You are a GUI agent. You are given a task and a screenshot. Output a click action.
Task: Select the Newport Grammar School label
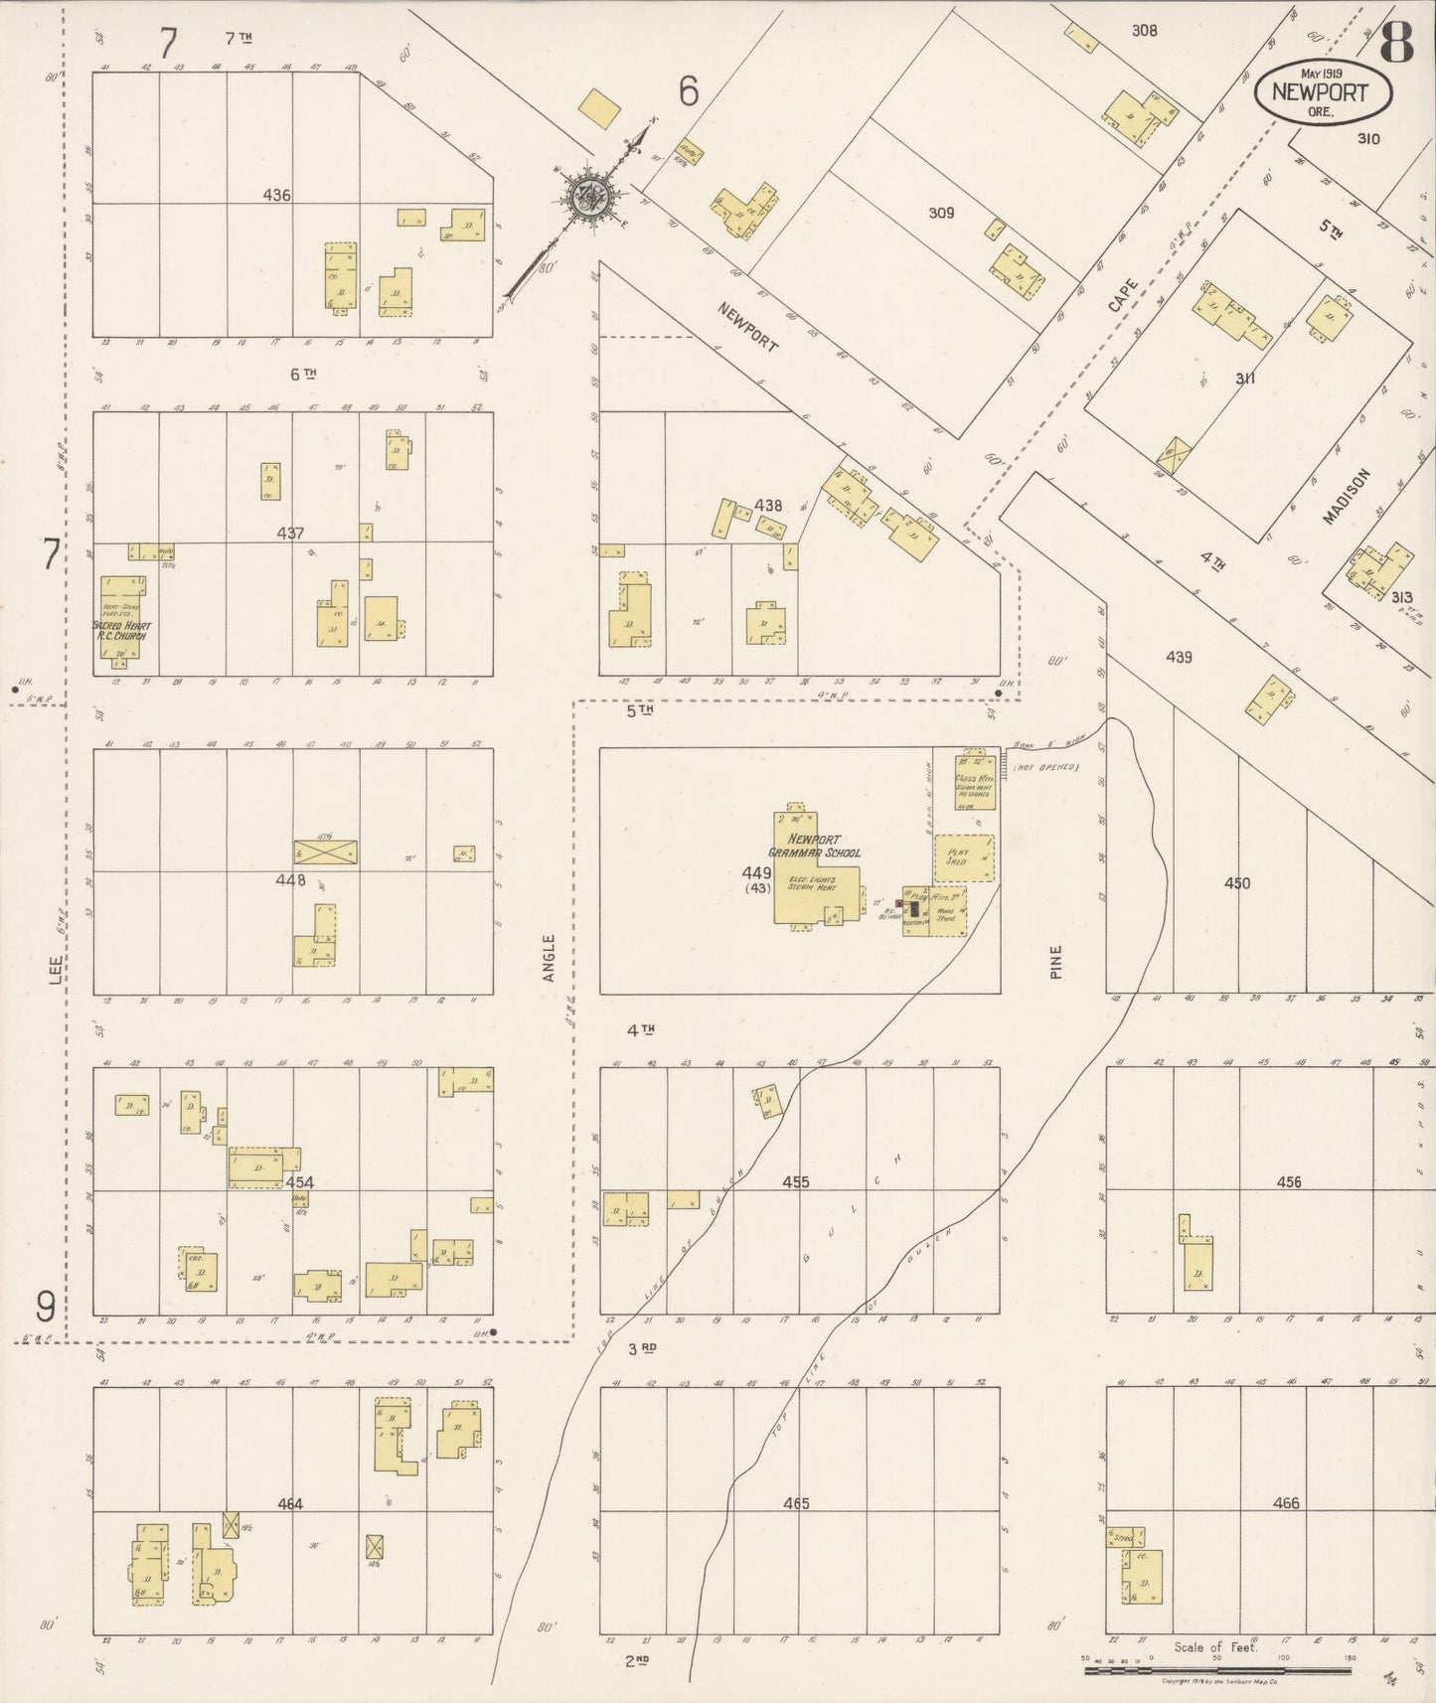[812, 846]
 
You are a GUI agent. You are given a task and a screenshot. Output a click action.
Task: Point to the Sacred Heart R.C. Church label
[120, 630]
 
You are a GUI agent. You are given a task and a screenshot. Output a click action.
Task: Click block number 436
[276, 196]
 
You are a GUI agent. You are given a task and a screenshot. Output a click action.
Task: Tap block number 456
[1289, 1181]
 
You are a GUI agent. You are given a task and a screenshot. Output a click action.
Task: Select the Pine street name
[1055, 962]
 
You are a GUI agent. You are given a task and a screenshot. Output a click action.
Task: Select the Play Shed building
[962, 857]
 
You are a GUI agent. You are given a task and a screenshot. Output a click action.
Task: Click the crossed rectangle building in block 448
[325, 851]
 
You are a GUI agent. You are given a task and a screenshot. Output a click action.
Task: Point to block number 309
[940, 213]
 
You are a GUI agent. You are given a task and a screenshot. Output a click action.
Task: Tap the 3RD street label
[644, 1348]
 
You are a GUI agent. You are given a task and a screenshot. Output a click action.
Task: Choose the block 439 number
[1179, 657]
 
